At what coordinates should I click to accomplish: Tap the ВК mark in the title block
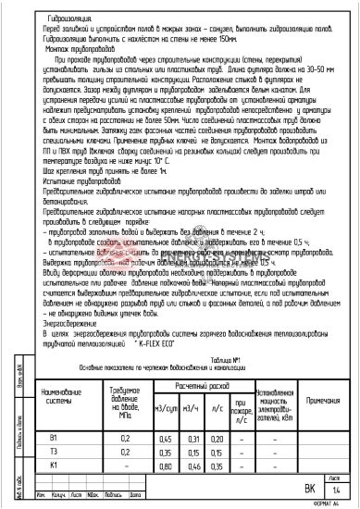click(310, 486)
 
